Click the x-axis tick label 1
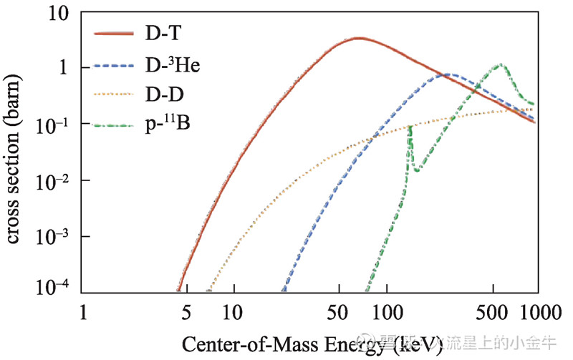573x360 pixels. [83, 313]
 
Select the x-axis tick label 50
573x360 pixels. [334, 313]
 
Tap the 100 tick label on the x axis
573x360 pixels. [387, 313]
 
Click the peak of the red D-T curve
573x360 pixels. [358, 38]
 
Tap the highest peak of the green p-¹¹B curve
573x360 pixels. [501, 65]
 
